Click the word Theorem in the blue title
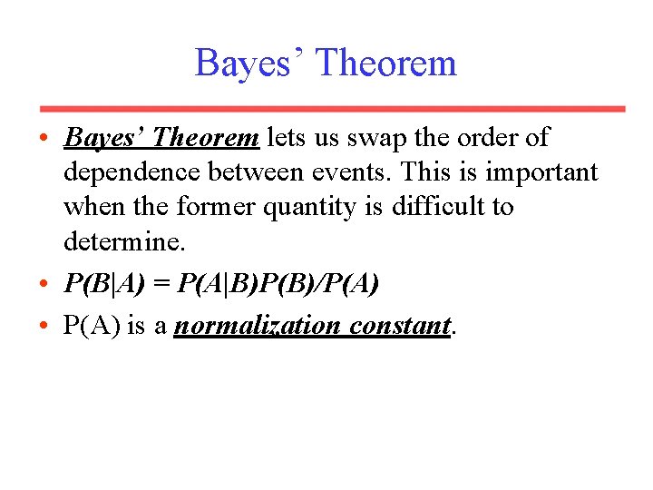click(x=387, y=64)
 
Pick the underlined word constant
click(x=400, y=326)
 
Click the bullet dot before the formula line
click(x=44, y=285)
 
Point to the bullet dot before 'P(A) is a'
click(x=44, y=326)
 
